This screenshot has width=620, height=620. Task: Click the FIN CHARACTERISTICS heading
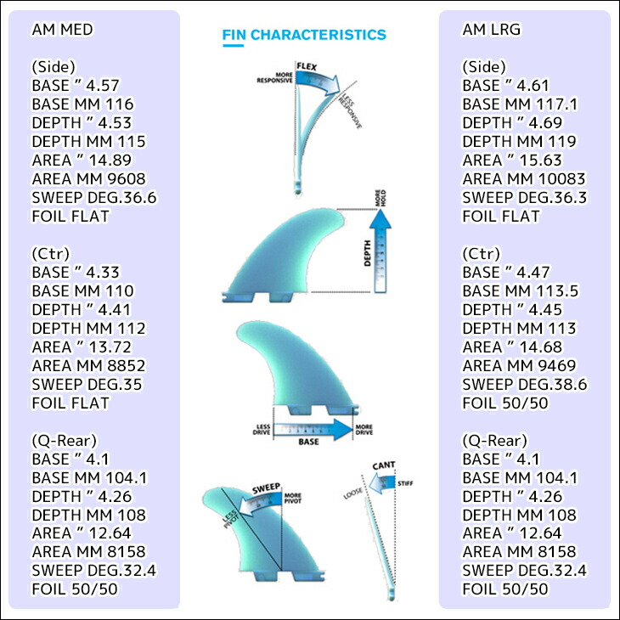pyautogui.click(x=304, y=35)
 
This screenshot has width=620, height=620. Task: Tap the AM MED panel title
pyautogui.click(x=63, y=29)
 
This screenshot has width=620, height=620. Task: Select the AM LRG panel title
pyautogui.click(x=492, y=29)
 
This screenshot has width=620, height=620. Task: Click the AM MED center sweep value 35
pyautogui.click(x=132, y=385)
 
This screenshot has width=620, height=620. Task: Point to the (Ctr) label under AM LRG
pyautogui.click(x=482, y=253)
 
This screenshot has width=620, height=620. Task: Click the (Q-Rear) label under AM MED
pyautogui.click(x=65, y=441)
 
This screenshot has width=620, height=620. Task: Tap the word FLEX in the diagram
pyautogui.click(x=307, y=66)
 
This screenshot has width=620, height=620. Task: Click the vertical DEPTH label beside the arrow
pyautogui.click(x=368, y=253)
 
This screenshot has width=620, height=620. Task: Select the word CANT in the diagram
pyautogui.click(x=384, y=465)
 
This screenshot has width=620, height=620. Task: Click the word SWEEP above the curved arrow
pyautogui.click(x=266, y=488)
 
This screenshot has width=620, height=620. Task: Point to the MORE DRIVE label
pyautogui.click(x=364, y=430)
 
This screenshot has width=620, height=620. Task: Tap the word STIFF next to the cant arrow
pyautogui.click(x=405, y=483)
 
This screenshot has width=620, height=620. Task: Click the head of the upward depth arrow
pyautogui.click(x=380, y=218)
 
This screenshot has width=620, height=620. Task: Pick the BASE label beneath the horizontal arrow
pyautogui.click(x=309, y=442)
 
